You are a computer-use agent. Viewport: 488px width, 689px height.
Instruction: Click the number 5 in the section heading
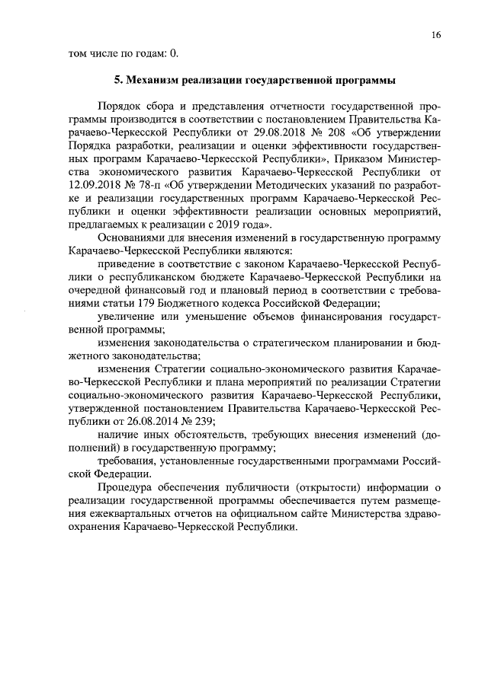(x=117, y=79)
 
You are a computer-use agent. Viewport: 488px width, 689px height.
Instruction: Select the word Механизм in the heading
(x=156, y=79)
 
